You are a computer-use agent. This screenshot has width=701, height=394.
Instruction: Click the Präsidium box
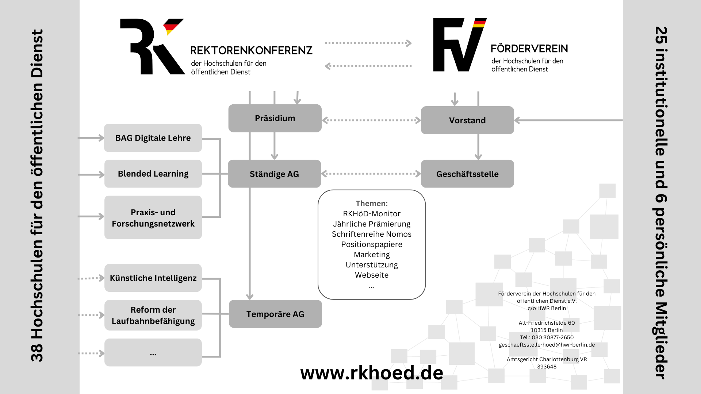click(275, 118)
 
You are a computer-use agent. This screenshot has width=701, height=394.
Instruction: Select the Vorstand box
click(467, 120)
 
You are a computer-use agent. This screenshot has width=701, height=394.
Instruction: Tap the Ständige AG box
click(274, 174)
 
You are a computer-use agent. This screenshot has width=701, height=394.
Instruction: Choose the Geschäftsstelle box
click(467, 174)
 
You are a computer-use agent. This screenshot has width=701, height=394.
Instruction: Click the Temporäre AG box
click(275, 314)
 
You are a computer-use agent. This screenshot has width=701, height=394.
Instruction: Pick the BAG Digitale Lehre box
click(153, 138)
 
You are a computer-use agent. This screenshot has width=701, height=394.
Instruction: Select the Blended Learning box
click(153, 174)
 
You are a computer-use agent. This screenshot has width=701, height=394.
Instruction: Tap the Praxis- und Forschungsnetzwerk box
click(153, 218)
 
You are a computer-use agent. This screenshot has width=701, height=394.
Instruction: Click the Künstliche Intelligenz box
click(153, 278)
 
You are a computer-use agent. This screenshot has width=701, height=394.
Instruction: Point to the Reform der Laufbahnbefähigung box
click(153, 315)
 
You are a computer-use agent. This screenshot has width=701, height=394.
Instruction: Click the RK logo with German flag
click(152, 47)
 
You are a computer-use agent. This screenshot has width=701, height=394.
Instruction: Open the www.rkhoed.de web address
click(372, 373)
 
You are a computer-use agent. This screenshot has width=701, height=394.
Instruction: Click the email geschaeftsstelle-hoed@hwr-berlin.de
click(547, 345)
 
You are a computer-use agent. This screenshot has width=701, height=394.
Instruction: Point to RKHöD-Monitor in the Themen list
click(372, 214)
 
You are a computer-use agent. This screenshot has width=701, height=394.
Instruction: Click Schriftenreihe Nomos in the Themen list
click(372, 234)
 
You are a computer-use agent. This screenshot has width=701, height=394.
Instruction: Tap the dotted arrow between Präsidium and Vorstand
click(371, 120)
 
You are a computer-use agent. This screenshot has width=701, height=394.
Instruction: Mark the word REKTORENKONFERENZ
click(251, 50)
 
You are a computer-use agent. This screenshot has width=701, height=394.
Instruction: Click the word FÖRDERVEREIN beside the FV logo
click(529, 49)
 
